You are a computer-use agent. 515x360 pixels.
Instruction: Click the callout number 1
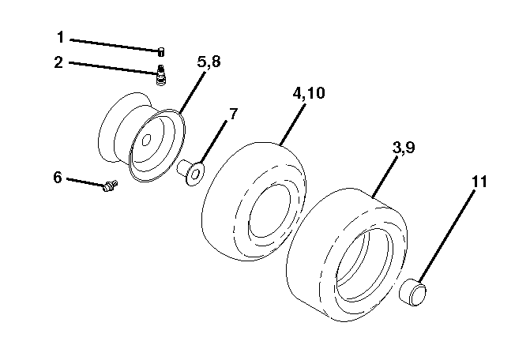[x=60, y=37]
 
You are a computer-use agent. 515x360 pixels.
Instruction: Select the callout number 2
[x=58, y=62]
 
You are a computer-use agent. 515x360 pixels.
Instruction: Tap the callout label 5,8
[x=209, y=62]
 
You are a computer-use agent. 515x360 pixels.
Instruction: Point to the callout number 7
[x=232, y=114]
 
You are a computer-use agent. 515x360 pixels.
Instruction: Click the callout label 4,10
[x=309, y=93]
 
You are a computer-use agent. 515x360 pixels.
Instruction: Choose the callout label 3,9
[x=404, y=148]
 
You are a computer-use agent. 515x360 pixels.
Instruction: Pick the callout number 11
[x=479, y=182]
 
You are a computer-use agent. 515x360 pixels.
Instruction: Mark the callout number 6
[x=58, y=178]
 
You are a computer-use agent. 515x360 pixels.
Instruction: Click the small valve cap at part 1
[x=161, y=52]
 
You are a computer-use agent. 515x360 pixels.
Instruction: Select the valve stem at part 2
[x=161, y=75]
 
